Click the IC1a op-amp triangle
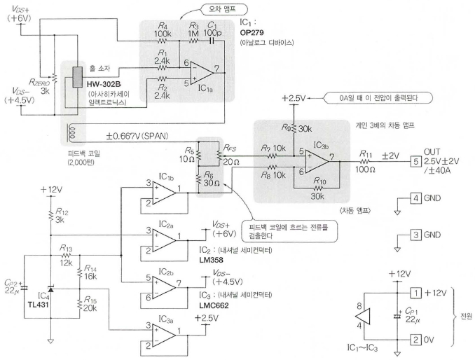pyautogui.click(x=202, y=73)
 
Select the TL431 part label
pyautogui.click(x=38, y=305)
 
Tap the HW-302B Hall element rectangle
pyautogui.click(x=78, y=77)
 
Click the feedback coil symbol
pyautogui.click(x=72, y=134)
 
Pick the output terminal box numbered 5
pyautogui.click(x=415, y=161)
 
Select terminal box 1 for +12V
pyautogui.click(x=415, y=293)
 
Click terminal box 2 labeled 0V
pyautogui.click(x=415, y=340)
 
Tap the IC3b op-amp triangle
pyautogui.click(x=317, y=162)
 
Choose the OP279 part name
pyautogui.click(x=252, y=32)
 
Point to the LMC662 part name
pyautogui.click(x=214, y=305)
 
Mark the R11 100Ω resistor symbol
pyautogui.click(x=365, y=162)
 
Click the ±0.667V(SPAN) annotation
pyautogui.click(x=137, y=136)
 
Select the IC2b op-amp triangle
pyautogui.click(x=164, y=287)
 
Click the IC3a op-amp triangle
pyautogui.click(x=164, y=335)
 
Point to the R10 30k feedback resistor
pyautogui.click(x=317, y=188)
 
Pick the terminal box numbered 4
pyautogui.click(x=415, y=198)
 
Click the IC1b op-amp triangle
pyautogui.click(x=164, y=193)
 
